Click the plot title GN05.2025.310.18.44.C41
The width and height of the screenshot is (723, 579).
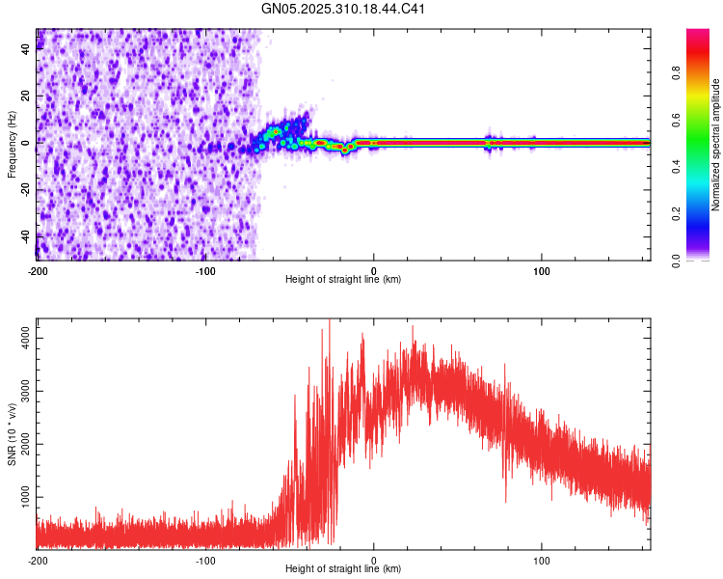click(344, 10)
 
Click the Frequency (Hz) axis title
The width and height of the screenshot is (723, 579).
click(12, 145)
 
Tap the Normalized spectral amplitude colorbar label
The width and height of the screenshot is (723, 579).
click(716, 145)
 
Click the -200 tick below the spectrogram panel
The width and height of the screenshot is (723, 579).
click(38, 269)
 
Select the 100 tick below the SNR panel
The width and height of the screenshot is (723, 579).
click(542, 560)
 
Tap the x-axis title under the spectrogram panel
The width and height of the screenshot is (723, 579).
click(344, 280)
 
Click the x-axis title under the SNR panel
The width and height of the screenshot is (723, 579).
click(344, 569)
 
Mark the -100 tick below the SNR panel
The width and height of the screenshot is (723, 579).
click(205, 560)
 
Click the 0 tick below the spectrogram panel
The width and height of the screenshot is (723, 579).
click(374, 269)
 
